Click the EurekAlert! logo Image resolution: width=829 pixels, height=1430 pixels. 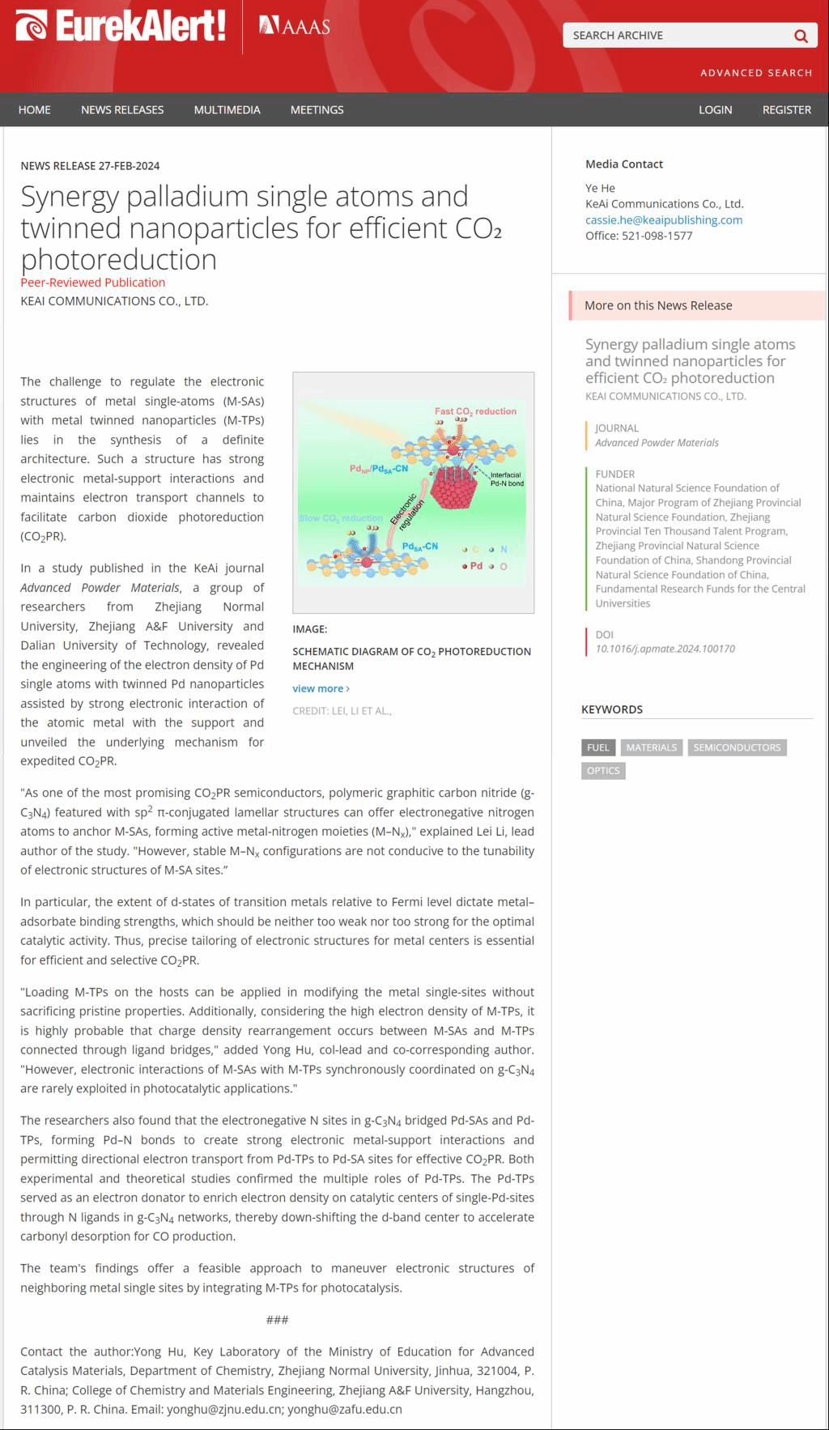pos(120,27)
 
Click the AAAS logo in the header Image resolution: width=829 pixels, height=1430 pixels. pos(295,27)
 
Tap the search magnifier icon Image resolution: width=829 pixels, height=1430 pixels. pos(801,36)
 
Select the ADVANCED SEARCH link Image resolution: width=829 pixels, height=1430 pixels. pos(755,73)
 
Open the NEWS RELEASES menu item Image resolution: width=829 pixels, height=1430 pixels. pos(122,110)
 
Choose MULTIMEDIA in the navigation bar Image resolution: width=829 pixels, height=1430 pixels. pos(227,110)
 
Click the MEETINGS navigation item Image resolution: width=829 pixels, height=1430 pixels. pos(317,110)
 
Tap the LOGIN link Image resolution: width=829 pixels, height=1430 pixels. pos(715,110)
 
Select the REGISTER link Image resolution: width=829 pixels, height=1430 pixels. pos(786,110)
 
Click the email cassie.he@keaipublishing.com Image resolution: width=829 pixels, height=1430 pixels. pos(664,220)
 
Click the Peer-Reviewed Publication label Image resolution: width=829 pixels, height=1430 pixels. pos(93,283)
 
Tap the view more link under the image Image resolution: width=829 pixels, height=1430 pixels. pos(321,688)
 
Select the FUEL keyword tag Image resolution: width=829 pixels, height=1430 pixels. pos(598,747)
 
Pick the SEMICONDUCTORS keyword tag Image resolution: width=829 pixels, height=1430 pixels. pos(737,747)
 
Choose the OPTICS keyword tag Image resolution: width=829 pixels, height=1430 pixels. pos(603,771)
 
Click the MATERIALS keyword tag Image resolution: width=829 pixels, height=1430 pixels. pos(651,747)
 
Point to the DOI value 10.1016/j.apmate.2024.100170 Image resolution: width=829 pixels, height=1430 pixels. pos(665,649)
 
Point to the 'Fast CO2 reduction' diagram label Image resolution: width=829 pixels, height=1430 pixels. pos(475,411)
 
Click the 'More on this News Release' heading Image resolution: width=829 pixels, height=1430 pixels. pos(658,305)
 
